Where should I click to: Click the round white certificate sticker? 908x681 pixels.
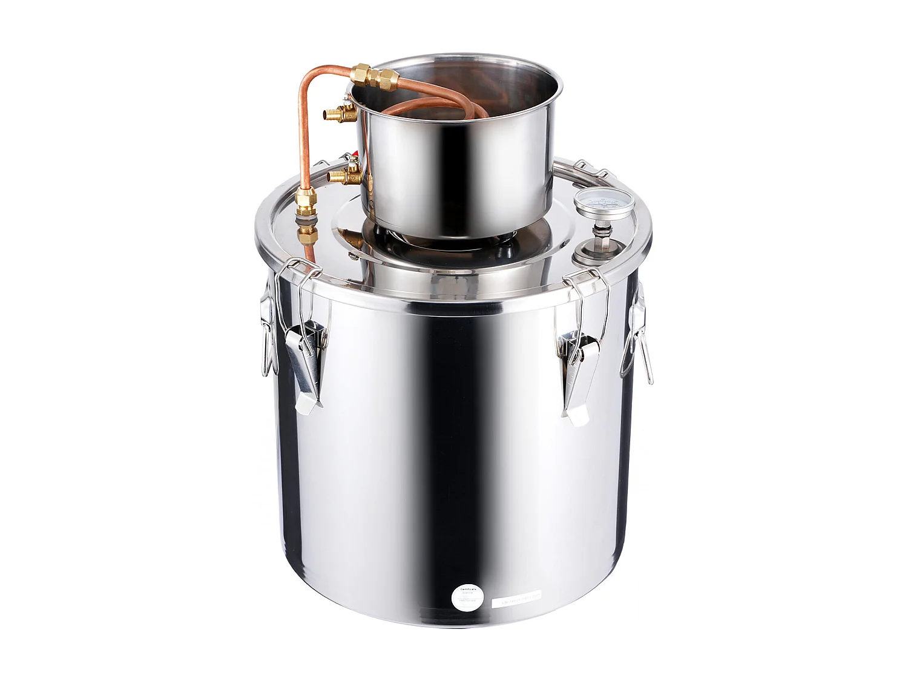coord(469,597)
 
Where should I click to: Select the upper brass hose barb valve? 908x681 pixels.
coord(338,113)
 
